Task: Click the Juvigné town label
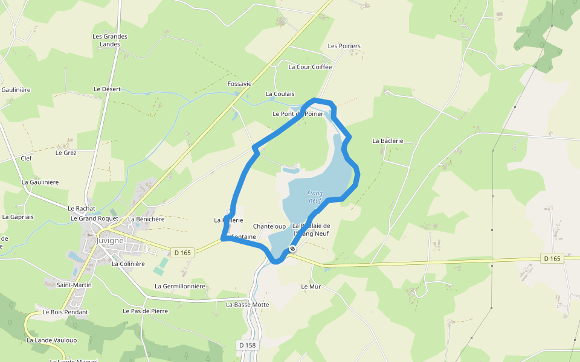109,240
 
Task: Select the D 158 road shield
246,345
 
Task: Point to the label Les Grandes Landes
110,40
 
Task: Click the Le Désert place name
107,89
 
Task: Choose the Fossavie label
239,83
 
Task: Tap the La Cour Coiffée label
310,67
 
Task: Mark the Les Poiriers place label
344,46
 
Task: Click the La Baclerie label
387,141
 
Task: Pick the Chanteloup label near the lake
269,226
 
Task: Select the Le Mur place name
311,287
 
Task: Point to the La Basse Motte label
247,305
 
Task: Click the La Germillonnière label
180,286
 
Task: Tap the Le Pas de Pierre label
145,311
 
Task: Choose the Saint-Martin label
74,284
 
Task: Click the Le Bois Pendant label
65,312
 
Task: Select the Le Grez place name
66,153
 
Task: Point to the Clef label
26,158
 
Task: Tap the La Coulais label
280,94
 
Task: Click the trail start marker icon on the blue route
292,249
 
